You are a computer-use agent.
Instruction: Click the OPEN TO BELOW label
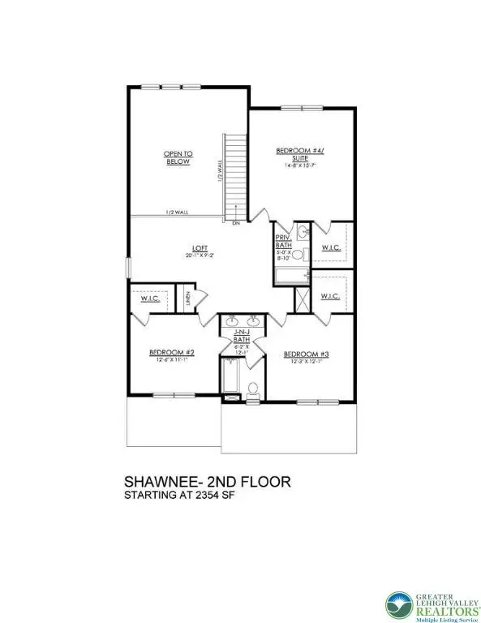coord(177,157)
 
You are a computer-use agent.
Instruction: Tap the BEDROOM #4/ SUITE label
coord(300,154)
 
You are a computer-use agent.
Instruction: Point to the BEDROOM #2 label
coord(171,352)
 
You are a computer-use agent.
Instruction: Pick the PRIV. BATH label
coord(283,238)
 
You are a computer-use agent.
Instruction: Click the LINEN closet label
coord(186,299)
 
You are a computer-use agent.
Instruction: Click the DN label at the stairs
coord(235,222)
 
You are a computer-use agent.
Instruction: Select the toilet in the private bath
coord(297,256)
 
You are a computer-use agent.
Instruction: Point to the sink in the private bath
coord(303,233)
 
